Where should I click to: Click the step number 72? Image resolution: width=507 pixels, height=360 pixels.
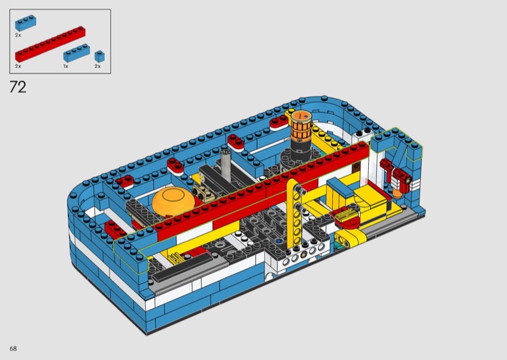click(x=18, y=87)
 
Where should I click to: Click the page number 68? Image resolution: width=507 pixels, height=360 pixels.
click(x=13, y=349)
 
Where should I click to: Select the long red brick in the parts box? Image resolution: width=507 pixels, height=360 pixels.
click(x=50, y=44)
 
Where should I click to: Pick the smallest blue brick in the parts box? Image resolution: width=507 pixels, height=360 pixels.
click(x=99, y=56)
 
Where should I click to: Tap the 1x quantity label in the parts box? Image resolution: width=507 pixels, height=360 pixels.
click(x=66, y=67)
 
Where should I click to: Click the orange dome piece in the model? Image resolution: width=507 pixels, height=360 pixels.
click(x=174, y=200)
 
